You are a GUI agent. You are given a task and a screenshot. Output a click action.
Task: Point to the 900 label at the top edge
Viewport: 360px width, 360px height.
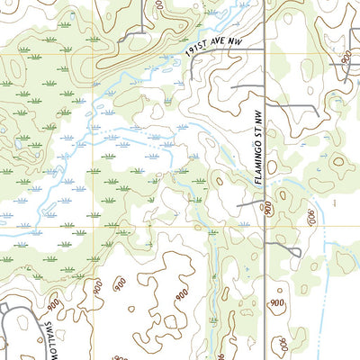point(158,7)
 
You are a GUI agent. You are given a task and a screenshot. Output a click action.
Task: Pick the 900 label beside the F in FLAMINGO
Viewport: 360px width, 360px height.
point(268,209)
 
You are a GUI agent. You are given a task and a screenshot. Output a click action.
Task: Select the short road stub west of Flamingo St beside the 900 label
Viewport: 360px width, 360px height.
point(249,204)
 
